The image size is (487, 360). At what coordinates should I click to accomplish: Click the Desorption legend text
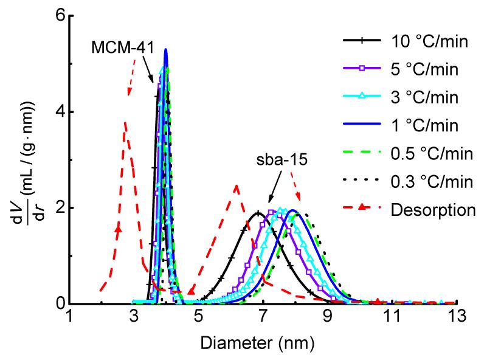(x=424, y=210)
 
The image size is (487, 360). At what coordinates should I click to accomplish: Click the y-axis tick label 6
(x=60, y=16)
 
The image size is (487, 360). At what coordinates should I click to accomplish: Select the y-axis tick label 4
(x=60, y=112)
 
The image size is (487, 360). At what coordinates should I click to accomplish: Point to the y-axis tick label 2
(x=60, y=208)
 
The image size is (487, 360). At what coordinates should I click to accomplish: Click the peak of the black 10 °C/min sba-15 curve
(x=258, y=212)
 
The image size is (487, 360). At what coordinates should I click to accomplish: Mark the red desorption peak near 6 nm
(x=236, y=185)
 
